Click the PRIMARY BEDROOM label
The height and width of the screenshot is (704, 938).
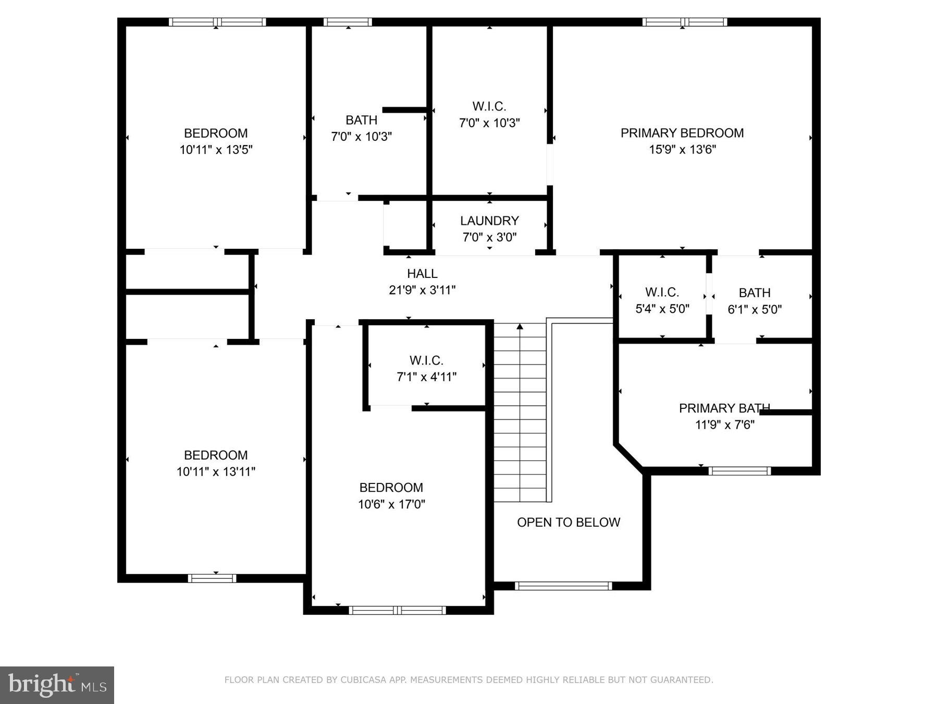point(682,133)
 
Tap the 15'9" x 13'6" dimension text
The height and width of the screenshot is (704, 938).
point(682,150)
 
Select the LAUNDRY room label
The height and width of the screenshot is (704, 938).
point(489,221)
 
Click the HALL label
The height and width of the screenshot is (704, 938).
point(422,273)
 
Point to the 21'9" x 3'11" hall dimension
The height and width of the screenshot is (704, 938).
point(422,290)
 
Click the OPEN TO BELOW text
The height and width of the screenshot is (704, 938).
point(568,522)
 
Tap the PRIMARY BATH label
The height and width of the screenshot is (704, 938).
point(724,408)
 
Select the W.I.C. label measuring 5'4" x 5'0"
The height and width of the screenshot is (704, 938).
point(662,292)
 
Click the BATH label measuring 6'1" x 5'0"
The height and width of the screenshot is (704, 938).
point(754,293)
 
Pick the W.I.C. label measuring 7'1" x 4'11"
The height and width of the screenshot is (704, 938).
point(426,360)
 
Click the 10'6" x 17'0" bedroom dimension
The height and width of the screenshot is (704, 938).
point(391,504)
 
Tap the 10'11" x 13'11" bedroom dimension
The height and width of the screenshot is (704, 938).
point(215,471)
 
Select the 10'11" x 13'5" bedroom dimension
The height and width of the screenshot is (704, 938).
point(215,150)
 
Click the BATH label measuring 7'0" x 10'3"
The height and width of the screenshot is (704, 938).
point(361,120)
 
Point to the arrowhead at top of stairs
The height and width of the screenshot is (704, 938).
point(520,327)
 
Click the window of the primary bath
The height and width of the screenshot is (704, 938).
point(739,471)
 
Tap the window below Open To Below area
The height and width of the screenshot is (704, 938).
point(563,586)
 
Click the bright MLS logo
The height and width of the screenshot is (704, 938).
point(56,684)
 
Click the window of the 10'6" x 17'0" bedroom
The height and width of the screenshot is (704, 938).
point(397,610)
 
